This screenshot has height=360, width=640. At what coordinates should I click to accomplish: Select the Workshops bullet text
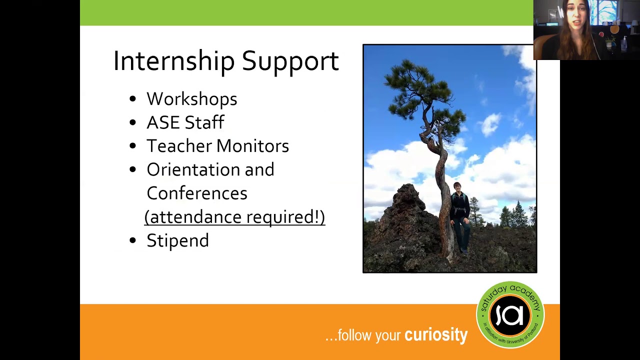191,99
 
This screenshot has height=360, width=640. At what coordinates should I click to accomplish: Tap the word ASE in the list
164,122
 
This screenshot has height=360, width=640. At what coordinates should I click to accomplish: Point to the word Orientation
193,169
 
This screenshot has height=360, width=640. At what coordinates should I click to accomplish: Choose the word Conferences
196,193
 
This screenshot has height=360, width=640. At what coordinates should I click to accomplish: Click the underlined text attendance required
234,217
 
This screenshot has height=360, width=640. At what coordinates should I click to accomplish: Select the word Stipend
177,240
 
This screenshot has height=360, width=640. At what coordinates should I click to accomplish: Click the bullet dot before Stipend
132,240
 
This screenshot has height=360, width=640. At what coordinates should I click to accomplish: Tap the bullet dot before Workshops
132,99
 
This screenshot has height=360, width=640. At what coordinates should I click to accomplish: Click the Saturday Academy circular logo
510,315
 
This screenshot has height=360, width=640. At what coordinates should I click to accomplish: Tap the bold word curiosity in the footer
435,335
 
